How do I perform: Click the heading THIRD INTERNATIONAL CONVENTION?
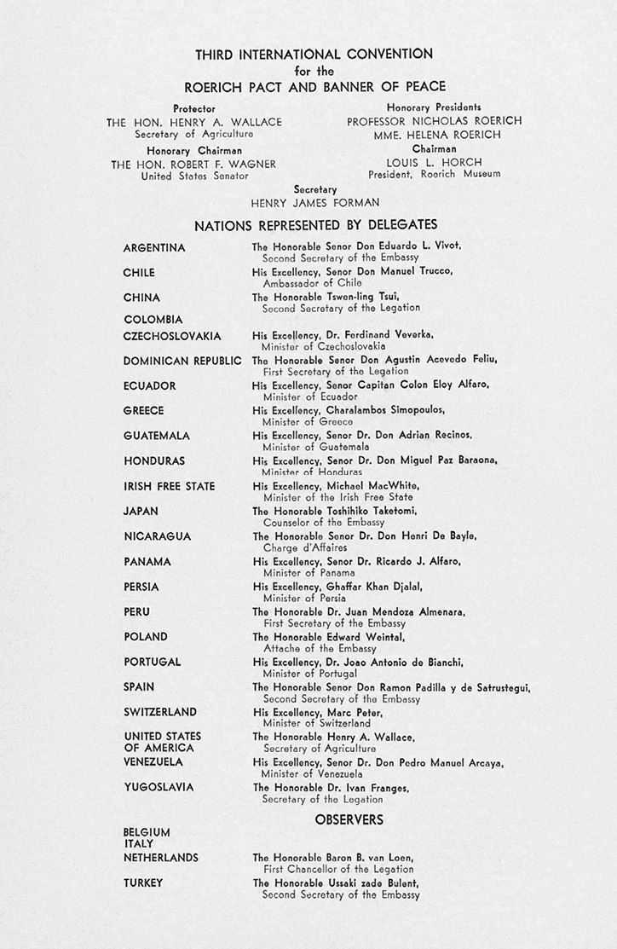314,55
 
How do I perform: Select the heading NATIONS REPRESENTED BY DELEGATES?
315,225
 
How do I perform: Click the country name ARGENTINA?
154,248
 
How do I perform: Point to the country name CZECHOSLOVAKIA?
172,336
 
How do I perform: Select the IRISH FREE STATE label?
169,487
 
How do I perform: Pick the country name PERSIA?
141,587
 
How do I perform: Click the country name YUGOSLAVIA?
159,788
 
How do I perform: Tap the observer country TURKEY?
142,883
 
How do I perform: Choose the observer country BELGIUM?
147,832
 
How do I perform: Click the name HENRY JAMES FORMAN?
314,203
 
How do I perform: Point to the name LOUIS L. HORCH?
435,162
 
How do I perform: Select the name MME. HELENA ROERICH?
434,135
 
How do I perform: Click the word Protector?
194,108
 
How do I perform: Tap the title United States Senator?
194,176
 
